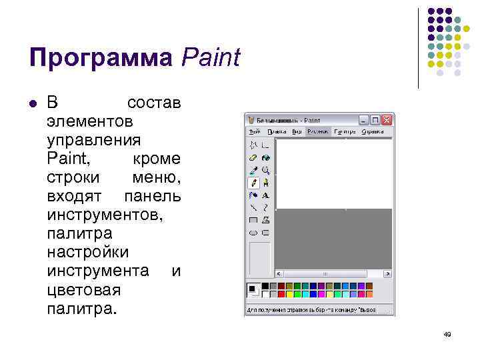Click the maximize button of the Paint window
tap(375, 120)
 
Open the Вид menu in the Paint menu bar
tap(297, 132)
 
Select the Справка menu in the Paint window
tap(373, 132)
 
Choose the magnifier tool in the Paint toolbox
tap(265, 170)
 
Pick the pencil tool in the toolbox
tap(253, 182)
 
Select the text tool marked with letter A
tap(265, 195)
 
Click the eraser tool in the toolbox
tap(253, 158)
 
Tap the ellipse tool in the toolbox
tap(253, 232)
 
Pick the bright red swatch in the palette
tap(281, 293)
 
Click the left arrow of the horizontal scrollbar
tap(280, 274)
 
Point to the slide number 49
tap(447, 334)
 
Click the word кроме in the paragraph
tap(156, 159)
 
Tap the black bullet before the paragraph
tap(32, 103)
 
